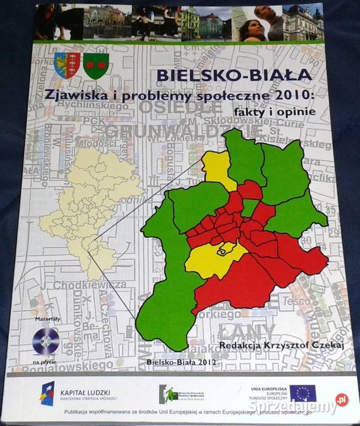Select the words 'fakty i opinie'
266,110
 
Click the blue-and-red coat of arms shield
67,64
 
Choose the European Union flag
303,392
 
